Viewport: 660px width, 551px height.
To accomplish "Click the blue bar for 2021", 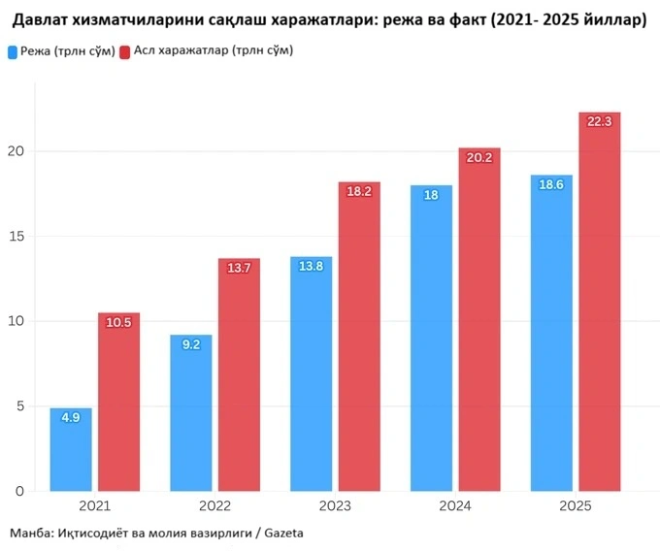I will (x=71, y=449).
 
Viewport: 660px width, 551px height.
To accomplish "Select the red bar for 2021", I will (x=118, y=402).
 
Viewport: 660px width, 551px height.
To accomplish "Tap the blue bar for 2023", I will (x=312, y=373).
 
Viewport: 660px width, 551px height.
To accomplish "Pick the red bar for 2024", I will (x=479, y=319).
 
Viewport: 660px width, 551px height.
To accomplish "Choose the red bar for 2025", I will (x=599, y=302).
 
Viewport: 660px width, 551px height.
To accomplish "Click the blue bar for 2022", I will (x=191, y=412).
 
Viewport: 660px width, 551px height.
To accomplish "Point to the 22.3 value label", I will (x=599, y=121).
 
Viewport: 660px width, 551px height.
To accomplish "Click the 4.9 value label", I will (x=71, y=418).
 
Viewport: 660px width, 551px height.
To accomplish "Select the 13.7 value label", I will (x=239, y=268).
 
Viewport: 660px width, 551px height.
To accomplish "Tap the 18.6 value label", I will (x=551, y=184).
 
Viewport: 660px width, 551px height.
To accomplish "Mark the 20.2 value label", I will (x=479, y=157).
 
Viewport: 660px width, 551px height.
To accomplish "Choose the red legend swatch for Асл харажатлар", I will (x=124, y=49).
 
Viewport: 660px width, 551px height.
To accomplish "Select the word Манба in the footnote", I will (x=30, y=534).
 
